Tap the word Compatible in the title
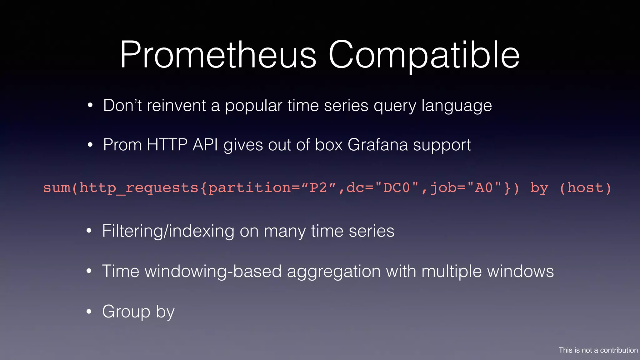[424, 56]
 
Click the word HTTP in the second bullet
[167, 145]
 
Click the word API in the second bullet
[205, 145]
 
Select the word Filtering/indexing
[168, 232]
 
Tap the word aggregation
[333, 272]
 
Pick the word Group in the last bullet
[126, 312]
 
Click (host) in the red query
[585, 188]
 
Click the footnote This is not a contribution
[598, 350]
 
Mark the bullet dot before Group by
[89, 312]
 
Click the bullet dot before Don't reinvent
[90, 106]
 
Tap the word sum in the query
[57, 188]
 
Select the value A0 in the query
[483, 188]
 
